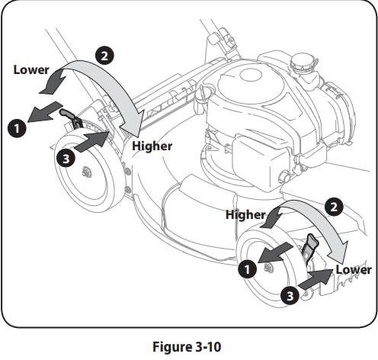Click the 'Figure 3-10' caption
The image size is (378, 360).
[x=187, y=347]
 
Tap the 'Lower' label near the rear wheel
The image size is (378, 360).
[x=31, y=70]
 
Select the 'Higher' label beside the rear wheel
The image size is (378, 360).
[x=152, y=146]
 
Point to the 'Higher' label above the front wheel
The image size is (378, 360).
[x=245, y=215]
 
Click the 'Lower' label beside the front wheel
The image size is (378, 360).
[x=354, y=270]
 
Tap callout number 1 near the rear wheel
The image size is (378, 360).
[x=17, y=128]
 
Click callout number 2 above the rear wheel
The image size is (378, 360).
[x=104, y=56]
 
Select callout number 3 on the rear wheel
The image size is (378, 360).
[x=66, y=159]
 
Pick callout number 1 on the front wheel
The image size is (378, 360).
[x=248, y=269]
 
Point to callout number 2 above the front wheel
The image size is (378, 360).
[x=334, y=207]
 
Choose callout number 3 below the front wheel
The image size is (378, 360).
[x=290, y=296]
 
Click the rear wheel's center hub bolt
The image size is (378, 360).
[x=87, y=173]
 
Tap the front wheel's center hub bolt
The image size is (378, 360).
[x=267, y=267]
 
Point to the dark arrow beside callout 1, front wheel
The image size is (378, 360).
[x=276, y=252]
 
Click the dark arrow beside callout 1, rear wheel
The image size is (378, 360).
[x=43, y=112]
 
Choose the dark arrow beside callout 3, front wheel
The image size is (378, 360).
[x=316, y=279]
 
